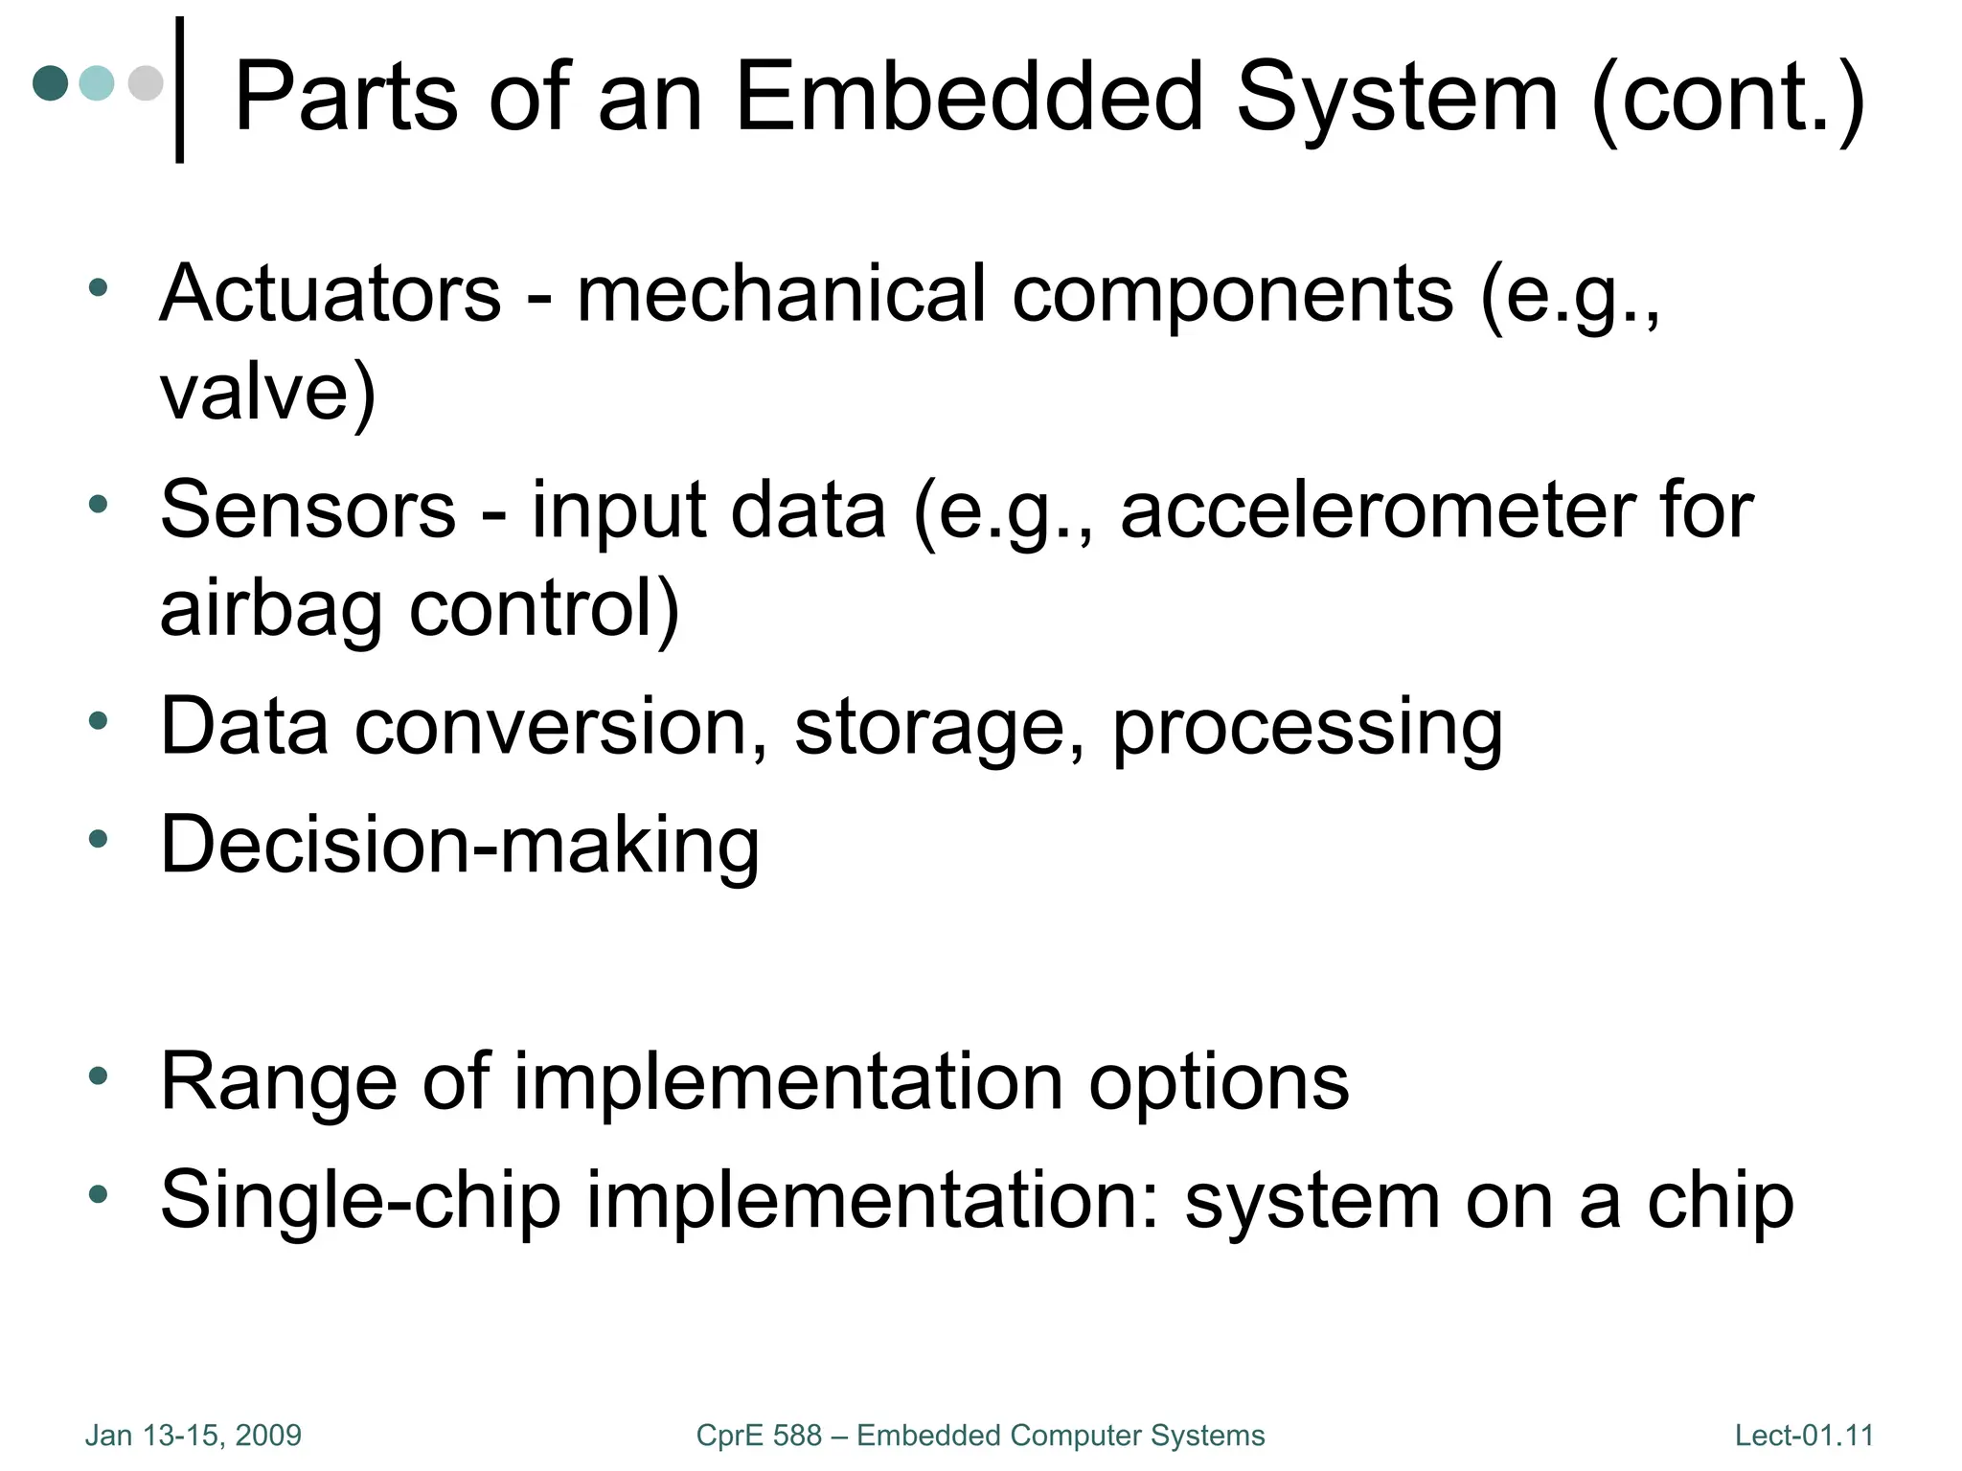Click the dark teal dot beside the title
coord(51,83)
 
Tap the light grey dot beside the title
coord(146,83)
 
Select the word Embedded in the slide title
coord(969,97)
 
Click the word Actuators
coord(331,292)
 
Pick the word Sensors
coord(308,509)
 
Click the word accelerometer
coord(1375,509)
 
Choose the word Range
coord(278,1081)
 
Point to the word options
coord(1219,1081)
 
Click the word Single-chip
coord(360,1200)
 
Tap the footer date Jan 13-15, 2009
coord(194,1436)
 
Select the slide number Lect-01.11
coord(1804,1436)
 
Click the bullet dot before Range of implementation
coord(98,1075)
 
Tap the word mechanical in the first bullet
coord(781,292)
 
